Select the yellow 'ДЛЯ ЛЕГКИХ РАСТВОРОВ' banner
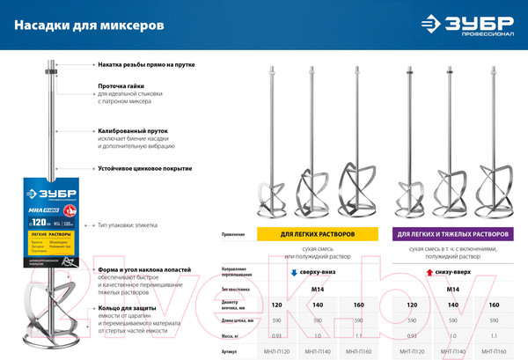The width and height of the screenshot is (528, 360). pos(306,235)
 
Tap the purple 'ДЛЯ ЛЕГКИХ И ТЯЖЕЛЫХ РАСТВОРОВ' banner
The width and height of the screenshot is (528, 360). pos(452,235)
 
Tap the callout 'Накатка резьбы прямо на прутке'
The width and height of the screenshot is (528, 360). pos(146,64)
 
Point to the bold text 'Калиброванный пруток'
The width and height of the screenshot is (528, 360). pos(133,130)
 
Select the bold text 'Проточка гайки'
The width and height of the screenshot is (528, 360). pos(121,86)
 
